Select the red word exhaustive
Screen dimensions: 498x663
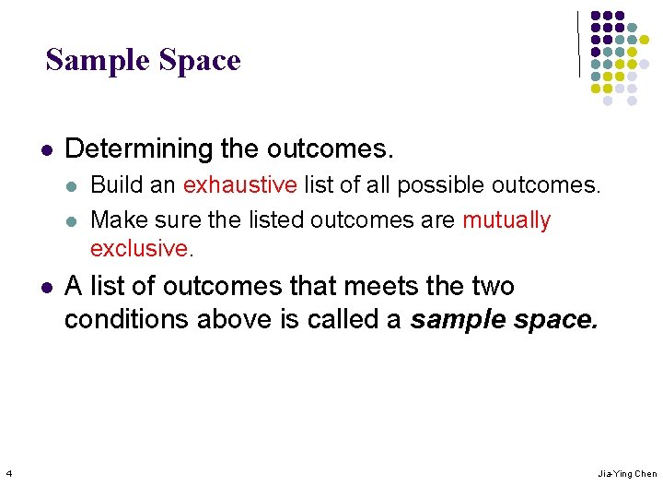coord(239,184)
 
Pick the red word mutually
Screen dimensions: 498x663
coord(506,220)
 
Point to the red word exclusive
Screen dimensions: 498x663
coord(139,247)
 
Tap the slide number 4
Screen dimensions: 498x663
coord(8,474)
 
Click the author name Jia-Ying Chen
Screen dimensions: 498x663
coord(627,474)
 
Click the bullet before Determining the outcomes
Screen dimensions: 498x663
coord(46,148)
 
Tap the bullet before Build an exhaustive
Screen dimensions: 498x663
coord(72,185)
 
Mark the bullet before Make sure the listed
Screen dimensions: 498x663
coord(72,221)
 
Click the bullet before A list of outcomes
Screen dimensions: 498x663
coord(46,287)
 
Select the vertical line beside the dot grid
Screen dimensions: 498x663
coord(579,43)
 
